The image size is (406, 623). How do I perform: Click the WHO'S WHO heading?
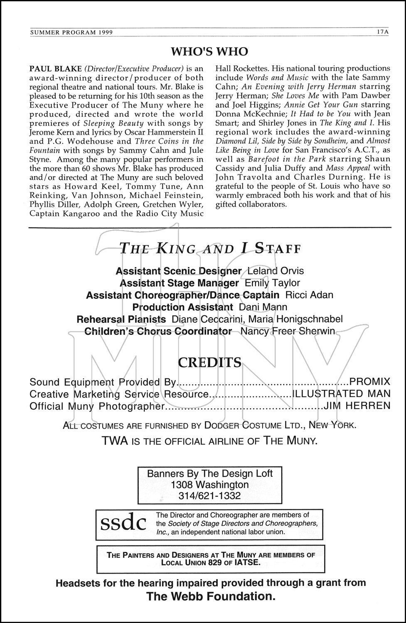pyautogui.click(x=209, y=52)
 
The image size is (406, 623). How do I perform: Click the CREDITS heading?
pyautogui.click(x=209, y=363)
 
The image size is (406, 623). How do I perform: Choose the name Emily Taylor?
pyautogui.click(x=272, y=283)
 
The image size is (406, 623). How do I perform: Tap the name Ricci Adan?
pyautogui.click(x=309, y=295)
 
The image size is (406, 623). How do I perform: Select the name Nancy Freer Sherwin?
pyautogui.click(x=288, y=331)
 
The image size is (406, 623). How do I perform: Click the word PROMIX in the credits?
pyautogui.click(x=370, y=382)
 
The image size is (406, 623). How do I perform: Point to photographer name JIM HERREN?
pyautogui.click(x=357, y=406)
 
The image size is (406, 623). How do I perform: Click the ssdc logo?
pyautogui.click(x=123, y=523)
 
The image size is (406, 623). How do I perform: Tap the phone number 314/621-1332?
pyautogui.click(x=209, y=495)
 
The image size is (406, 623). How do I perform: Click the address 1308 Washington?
pyautogui.click(x=209, y=485)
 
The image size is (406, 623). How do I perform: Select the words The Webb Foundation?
pyautogui.click(x=211, y=597)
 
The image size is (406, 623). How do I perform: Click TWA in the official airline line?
pyautogui.click(x=114, y=441)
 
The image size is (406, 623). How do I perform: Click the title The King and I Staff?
pyautogui.click(x=209, y=249)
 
